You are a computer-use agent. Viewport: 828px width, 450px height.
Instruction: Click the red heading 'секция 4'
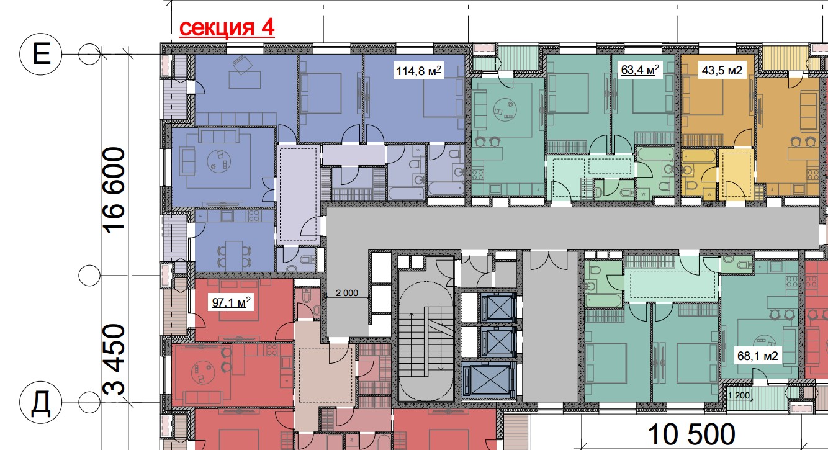pos(227,28)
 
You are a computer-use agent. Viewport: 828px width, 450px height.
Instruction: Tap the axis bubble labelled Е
pos(41,55)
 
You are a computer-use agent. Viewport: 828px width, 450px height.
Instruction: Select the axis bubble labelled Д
pos(41,402)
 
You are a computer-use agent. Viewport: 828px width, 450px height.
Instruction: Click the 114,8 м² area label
pos(418,70)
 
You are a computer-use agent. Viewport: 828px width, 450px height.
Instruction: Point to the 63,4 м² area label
pos(640,70)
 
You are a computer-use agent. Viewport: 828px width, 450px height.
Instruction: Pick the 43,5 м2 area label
pos(722,70)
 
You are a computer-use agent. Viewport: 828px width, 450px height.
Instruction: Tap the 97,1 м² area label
pos(231,302)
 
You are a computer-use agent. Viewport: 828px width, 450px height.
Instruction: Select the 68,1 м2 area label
pos(758,356)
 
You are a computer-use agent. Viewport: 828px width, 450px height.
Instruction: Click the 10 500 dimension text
pos(691,434)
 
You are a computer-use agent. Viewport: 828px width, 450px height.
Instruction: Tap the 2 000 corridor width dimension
pos(347,293)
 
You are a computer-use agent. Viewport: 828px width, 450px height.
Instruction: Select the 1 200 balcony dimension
pos(739,395)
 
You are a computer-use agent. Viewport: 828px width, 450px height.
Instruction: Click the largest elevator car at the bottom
pos(488,380)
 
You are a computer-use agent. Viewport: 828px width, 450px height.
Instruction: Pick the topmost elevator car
pos(498,307)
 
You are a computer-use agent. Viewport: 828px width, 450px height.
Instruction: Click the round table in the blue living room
pos(219,161)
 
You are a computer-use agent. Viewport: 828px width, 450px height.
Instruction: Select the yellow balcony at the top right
pos(786,58)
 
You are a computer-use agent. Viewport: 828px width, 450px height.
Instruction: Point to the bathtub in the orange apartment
pos(699,156)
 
